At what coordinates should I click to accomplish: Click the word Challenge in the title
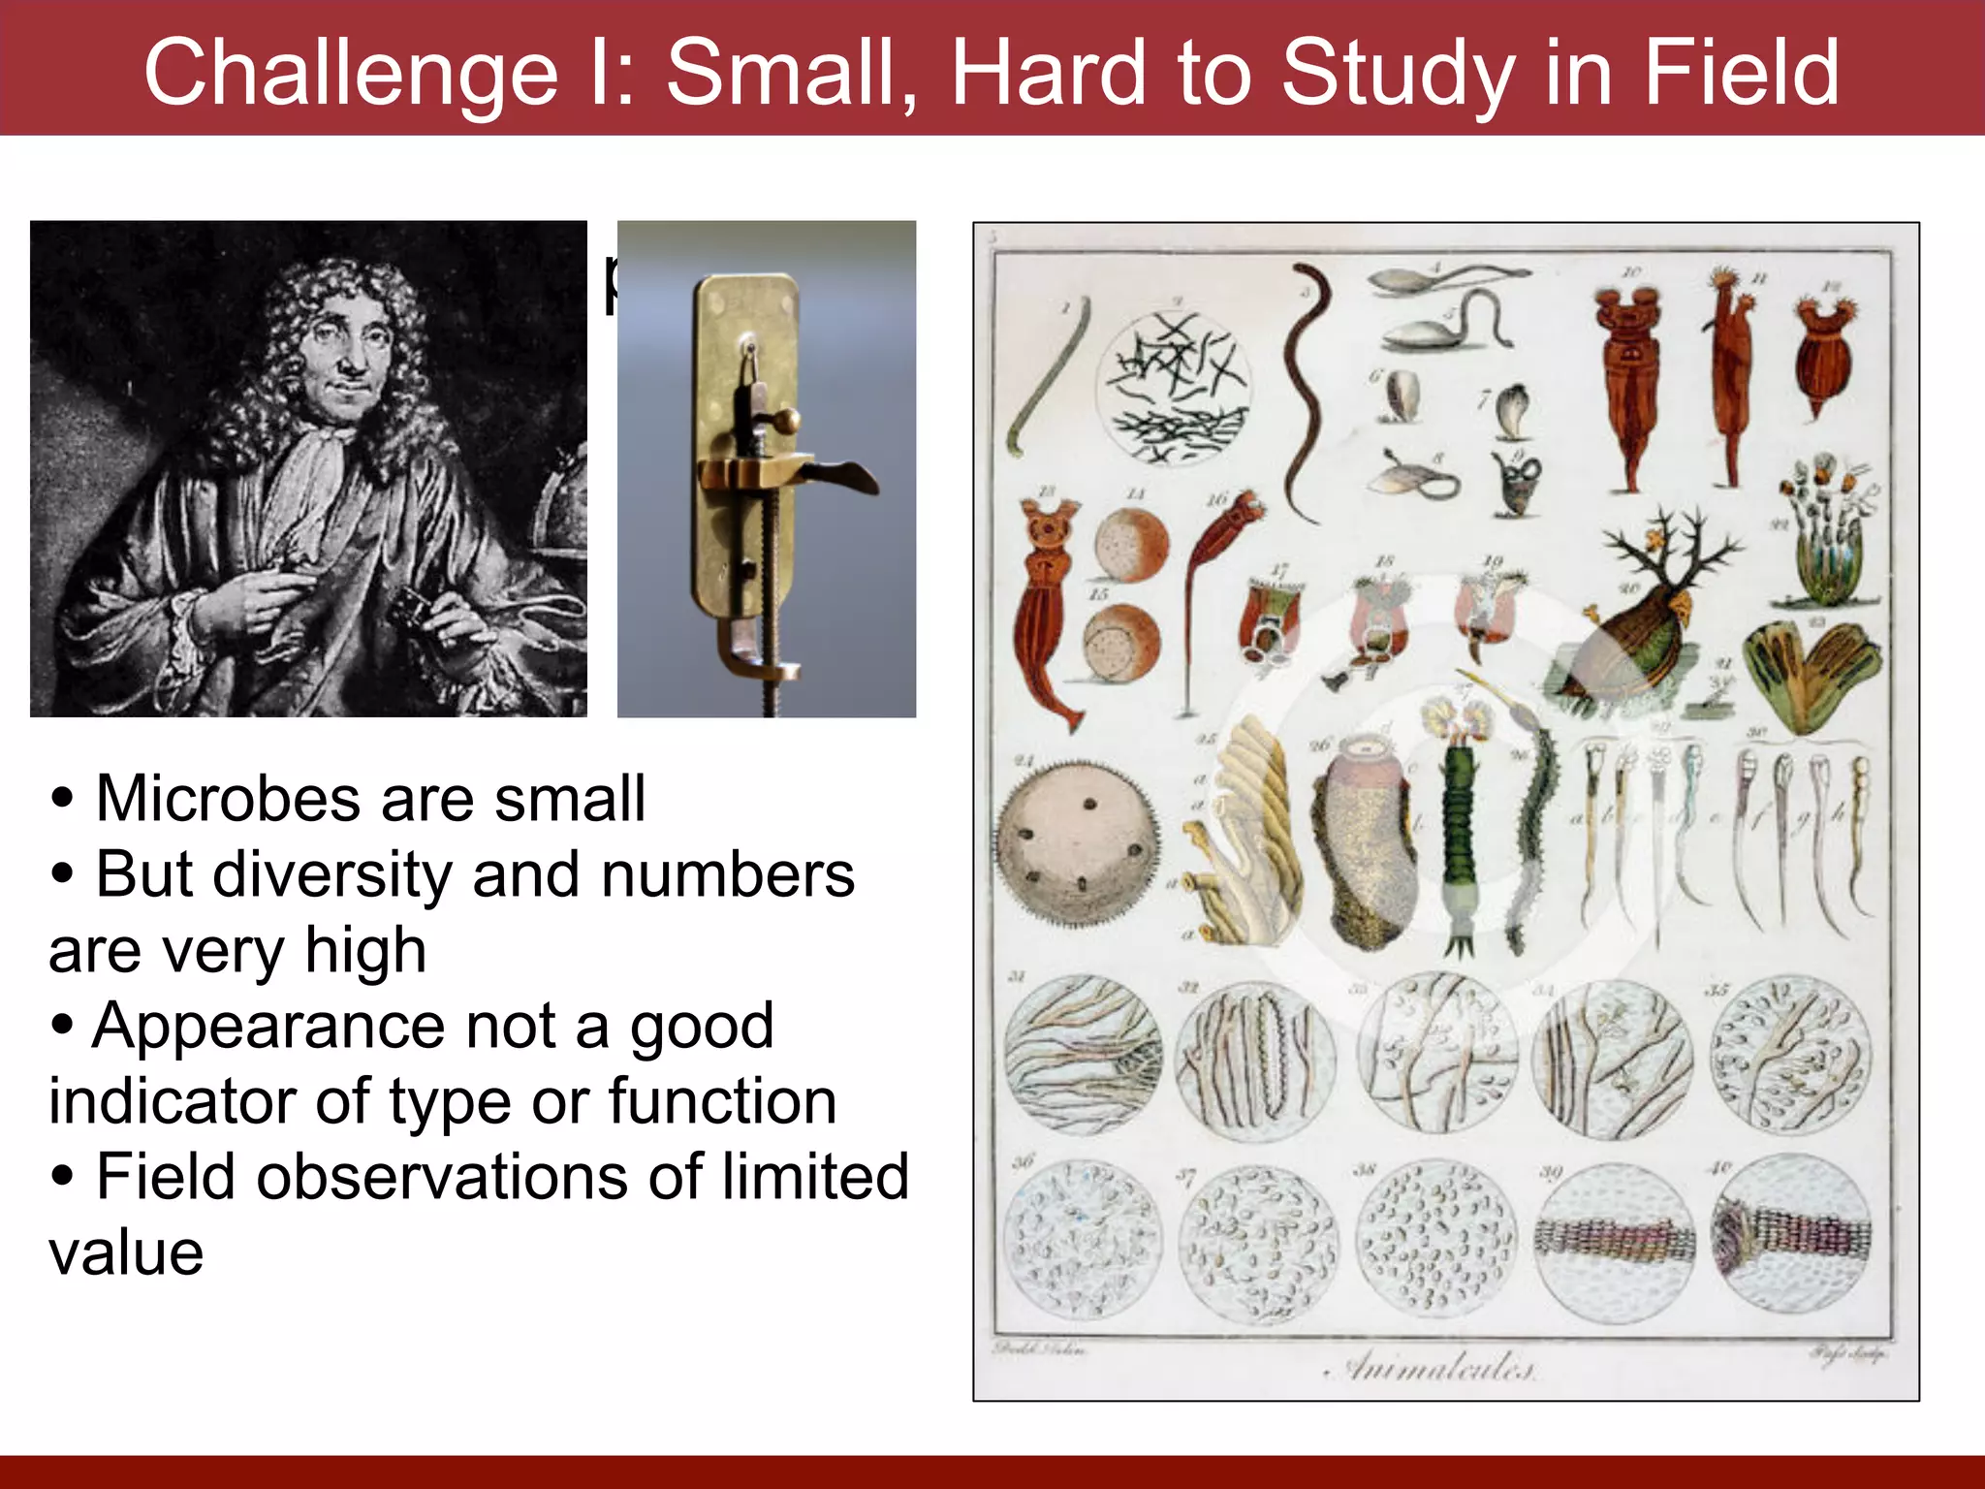click(351, 73)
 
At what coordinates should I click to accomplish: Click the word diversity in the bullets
click(332, 874)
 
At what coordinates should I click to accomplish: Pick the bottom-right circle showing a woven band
click(1791, 1236)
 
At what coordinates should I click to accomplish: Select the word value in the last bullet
click(126, 1252)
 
